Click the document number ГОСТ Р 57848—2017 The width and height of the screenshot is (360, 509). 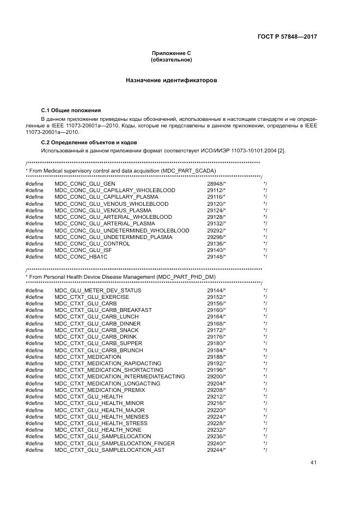point(287,36)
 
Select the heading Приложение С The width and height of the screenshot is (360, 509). point(171,53)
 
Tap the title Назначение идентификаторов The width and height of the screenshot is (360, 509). point(171,80)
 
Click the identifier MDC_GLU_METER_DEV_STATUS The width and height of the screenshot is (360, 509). point(98,290)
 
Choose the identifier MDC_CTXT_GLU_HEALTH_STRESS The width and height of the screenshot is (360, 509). point(101,423)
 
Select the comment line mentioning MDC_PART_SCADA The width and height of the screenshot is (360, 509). point(121,171)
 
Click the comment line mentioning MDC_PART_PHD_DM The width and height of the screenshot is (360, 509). point(121,277)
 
